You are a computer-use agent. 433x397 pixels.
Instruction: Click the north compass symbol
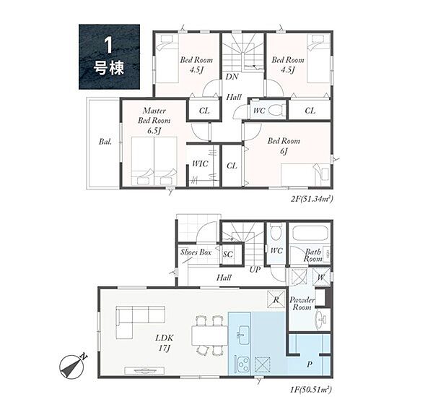71,367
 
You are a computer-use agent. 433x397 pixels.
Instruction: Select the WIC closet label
200,163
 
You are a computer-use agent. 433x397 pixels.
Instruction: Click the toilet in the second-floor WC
277,110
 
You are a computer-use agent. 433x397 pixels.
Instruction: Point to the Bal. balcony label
105,142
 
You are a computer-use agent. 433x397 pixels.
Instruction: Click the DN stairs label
232,77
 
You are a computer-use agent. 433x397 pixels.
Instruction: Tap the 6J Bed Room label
284,146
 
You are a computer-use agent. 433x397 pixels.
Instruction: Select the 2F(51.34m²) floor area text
311,198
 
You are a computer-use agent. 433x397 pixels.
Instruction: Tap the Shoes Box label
196,252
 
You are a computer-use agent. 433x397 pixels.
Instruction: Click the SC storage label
228,254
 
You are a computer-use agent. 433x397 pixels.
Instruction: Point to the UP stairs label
255,269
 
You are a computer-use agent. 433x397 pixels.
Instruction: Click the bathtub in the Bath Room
310,234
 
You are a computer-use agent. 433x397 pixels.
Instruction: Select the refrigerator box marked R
276,299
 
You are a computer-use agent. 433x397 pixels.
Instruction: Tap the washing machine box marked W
321,277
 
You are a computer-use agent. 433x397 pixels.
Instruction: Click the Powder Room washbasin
321,320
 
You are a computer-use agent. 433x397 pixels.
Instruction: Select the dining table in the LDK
210,335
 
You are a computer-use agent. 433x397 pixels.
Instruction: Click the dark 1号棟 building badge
109,56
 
